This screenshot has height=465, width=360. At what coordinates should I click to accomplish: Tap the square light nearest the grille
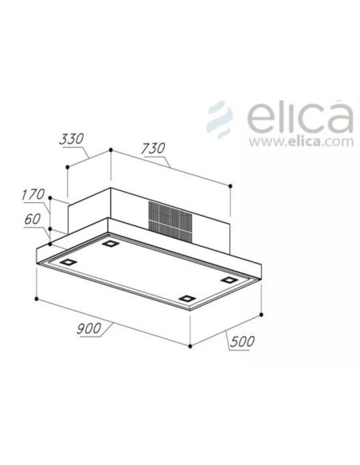110,243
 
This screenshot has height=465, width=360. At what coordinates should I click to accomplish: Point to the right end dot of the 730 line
230,186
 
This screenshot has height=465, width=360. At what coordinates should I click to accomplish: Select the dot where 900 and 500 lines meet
190,346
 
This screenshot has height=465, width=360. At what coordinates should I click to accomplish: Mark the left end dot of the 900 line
37,299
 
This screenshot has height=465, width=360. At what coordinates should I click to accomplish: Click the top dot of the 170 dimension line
50,197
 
